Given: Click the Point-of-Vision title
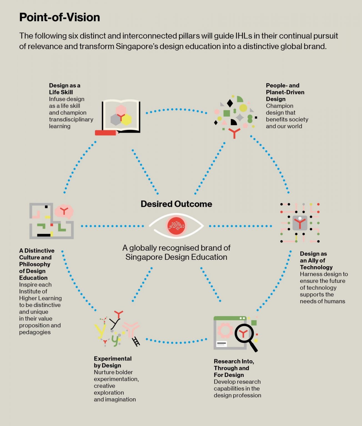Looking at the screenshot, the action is click(60, 17).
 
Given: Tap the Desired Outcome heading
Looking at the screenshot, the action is click(176, 204).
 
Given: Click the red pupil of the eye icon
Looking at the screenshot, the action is click(176, 226).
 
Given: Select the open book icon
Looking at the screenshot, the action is click(121, 116).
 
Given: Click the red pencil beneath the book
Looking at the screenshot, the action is click(105, 133).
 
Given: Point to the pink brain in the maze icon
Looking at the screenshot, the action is click(64, 211).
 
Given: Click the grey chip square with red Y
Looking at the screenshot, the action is click(300, 223).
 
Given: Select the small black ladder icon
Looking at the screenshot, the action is click(136, 341).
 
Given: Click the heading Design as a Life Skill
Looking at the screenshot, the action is click(65, 89).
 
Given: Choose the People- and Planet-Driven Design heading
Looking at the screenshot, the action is click(285, 92).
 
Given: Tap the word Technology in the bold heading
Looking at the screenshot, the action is click(316, 267).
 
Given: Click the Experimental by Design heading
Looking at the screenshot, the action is click(113, 362).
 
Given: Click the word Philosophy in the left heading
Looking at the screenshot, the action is click(35, 264).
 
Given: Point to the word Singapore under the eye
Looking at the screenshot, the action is click(144, 257).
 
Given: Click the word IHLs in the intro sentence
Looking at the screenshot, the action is click(244, 36).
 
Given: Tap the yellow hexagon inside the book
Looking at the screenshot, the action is click(126, 119).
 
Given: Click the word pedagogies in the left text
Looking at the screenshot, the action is click(35, 332).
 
